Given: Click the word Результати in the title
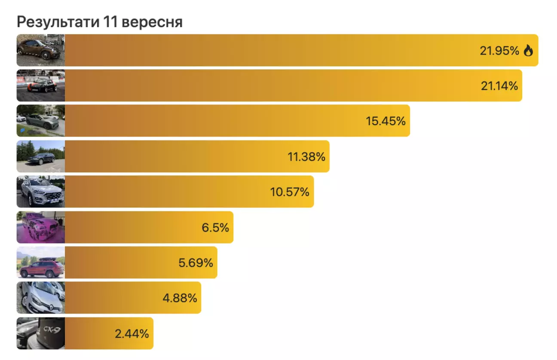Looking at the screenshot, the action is pyautogui.click(x=58, y=22).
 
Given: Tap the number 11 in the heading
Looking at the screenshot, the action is pyautogui.click(x=110, y=21).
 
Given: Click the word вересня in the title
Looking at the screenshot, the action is pyautogui.click(x=152, y=22).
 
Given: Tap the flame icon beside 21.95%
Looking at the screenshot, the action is pyautogui.click(x=528, y=50).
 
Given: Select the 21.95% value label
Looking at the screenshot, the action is pyautogui.click(x=499, y=51).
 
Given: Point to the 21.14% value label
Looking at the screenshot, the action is pyautogui.click(x=499, y=86).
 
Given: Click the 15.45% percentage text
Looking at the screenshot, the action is pyautogui.click(x=386, y=121).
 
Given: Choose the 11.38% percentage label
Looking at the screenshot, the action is pyautogui.click(x=306, y=157).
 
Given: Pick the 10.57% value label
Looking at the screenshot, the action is pyautogui.click(x=290, y=192).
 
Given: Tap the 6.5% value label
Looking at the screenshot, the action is pyautogui.click(x=215, y=228).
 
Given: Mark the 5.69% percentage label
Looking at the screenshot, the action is pyautogui.click(x=196, y=263).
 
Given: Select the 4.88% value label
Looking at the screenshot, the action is pyautogui.click(x=180, y=298).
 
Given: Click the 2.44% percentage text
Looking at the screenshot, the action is pyautogui.click(x=132, y=334).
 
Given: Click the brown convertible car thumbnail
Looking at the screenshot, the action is pyautogui.click(x=41, y=50).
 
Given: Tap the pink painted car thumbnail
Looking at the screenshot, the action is pyautogui.click(x=41, y=227).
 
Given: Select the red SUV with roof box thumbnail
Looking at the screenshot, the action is pyautogui.click(x=41, y=262).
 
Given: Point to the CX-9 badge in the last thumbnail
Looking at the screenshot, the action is pyautogui.click(x=52, y=329).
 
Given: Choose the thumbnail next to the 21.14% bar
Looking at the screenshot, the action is pyautogui.click(x=41, y=85).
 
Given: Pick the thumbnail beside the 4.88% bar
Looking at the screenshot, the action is pyautogui.click(x=41, y=298).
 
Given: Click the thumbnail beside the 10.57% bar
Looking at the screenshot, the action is pyautogui.click(x=41, y=192).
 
